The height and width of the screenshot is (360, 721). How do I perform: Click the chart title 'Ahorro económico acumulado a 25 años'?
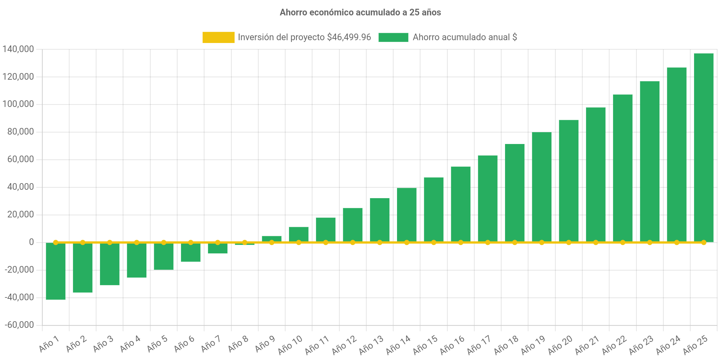coord(360,13)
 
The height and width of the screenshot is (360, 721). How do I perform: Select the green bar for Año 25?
coord(704,147)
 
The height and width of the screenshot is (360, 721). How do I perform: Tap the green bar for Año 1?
coord(56,271)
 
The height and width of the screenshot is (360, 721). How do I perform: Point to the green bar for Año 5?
coord(164,257)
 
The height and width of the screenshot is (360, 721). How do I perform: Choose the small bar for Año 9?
coord(272,238)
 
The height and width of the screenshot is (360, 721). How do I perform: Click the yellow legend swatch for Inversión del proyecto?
coord(218,37)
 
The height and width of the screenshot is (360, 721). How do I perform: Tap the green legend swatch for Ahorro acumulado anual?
coord(393,37)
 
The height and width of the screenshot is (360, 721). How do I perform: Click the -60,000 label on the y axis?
coord(19,325)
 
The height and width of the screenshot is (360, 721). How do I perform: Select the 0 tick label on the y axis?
coord(31,242)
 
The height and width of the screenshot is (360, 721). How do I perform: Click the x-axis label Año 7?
coord(210,344)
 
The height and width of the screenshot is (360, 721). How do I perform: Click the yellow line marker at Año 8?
coord(245,242)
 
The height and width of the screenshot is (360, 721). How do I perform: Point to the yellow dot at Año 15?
coord(434,242)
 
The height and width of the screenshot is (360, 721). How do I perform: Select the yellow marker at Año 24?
coord(677,242)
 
